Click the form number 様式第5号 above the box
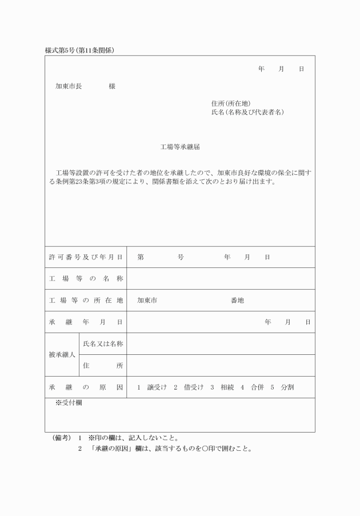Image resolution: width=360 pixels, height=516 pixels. [x=60, y=50]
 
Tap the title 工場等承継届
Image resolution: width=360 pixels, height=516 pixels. [x=180, y=147]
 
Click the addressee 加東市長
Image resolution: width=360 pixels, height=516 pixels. [x=69, y=86]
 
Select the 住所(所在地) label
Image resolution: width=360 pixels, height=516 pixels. [x=231, y=103]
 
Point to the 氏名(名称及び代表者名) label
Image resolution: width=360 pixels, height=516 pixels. [x=247, y=113]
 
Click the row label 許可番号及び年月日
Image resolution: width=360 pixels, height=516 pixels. [x=86, y=257]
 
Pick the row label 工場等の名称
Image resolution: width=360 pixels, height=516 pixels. [x=86, y=279]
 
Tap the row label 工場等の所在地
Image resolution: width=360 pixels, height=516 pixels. [x=86, y=301]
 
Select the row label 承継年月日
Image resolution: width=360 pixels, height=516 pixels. [x=86, y=322]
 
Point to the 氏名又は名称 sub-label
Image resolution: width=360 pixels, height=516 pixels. [x=103, y=344]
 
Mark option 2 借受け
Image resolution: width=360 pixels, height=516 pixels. [x=188, y=387]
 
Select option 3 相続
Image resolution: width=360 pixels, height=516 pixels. [x=220, y=387]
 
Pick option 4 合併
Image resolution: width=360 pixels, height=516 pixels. [x=251, y=387]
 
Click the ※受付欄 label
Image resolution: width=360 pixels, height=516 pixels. [x=69, y=403]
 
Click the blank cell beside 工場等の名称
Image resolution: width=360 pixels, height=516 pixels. [x=221, y=279]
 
